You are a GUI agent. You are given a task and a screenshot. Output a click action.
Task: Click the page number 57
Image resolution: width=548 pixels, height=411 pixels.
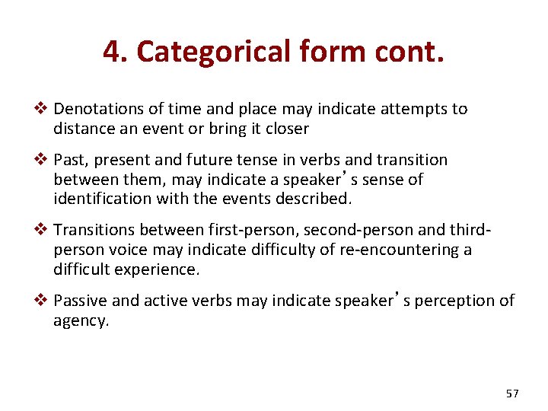(511, 393)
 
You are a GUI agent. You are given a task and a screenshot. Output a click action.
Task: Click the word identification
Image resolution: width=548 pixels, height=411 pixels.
(99, 199)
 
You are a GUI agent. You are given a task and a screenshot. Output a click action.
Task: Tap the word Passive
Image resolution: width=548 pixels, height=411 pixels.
(81, 301)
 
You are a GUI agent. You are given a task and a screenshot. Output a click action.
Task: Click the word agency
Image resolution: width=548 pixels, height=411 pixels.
(81, 321)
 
